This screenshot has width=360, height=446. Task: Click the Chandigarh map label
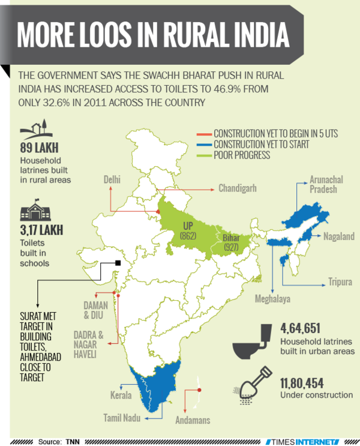[x=238, y=188]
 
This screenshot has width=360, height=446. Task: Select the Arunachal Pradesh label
[x=328, y=184]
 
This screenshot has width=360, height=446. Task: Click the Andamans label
[x=193, y=421]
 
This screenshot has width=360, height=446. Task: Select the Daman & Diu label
[x=95, y=310]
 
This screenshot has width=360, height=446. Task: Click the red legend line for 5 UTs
[x=204, y=133]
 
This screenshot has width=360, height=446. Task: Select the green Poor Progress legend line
[x=204, y=155]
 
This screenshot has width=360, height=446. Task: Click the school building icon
[x=35, y=212]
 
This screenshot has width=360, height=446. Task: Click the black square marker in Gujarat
[x=119, y=262]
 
